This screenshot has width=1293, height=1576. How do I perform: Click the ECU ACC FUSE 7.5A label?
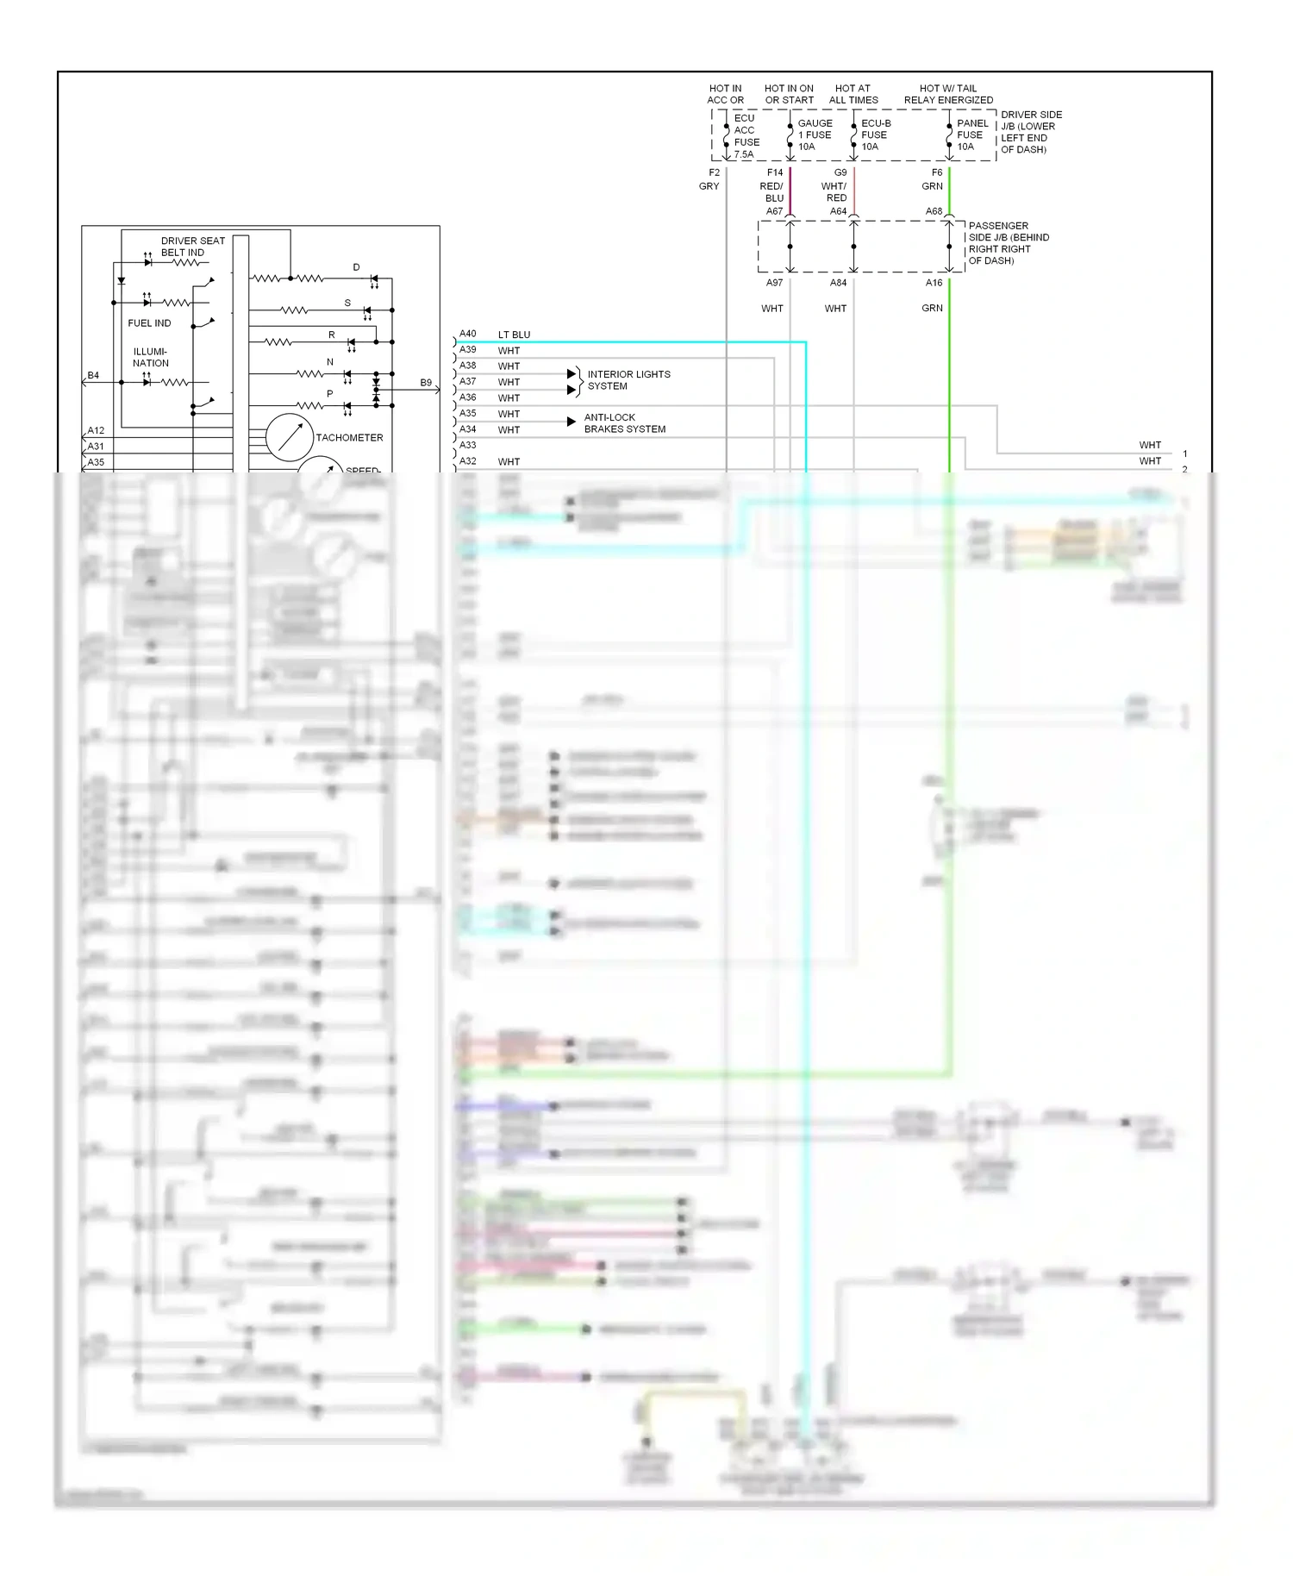point(746,136)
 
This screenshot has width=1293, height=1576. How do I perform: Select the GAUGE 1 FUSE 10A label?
point(815,134)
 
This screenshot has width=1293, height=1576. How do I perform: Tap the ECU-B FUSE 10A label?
point(876,134)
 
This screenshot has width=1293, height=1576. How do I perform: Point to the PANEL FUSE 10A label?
point(971,134)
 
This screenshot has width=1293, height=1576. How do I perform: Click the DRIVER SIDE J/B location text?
point(1031,132)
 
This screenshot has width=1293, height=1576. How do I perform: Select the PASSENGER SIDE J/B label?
point(1008,243)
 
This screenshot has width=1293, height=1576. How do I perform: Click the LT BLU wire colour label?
point(514,335)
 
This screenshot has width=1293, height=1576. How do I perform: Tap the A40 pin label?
point(467,334)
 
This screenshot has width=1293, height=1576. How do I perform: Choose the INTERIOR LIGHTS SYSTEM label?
point(628,380)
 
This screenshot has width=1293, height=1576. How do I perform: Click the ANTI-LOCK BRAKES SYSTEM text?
point(625,423)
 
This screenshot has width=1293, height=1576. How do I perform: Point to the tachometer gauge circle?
point(289,437)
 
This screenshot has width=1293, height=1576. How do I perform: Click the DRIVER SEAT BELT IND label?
point(192,247)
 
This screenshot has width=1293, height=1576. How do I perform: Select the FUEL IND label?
point(149,323)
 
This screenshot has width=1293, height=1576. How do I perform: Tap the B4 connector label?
point(93,376)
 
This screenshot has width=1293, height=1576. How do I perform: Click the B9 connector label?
point(426,383)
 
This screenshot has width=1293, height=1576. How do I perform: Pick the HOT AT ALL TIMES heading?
point(853,94)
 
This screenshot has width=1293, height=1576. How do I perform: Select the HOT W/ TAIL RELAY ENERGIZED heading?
point(948,94)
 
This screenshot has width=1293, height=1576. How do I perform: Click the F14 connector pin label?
point(775,172)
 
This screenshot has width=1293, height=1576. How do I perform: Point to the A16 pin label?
point(934,283)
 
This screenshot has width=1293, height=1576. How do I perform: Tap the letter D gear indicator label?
point(356,267)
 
